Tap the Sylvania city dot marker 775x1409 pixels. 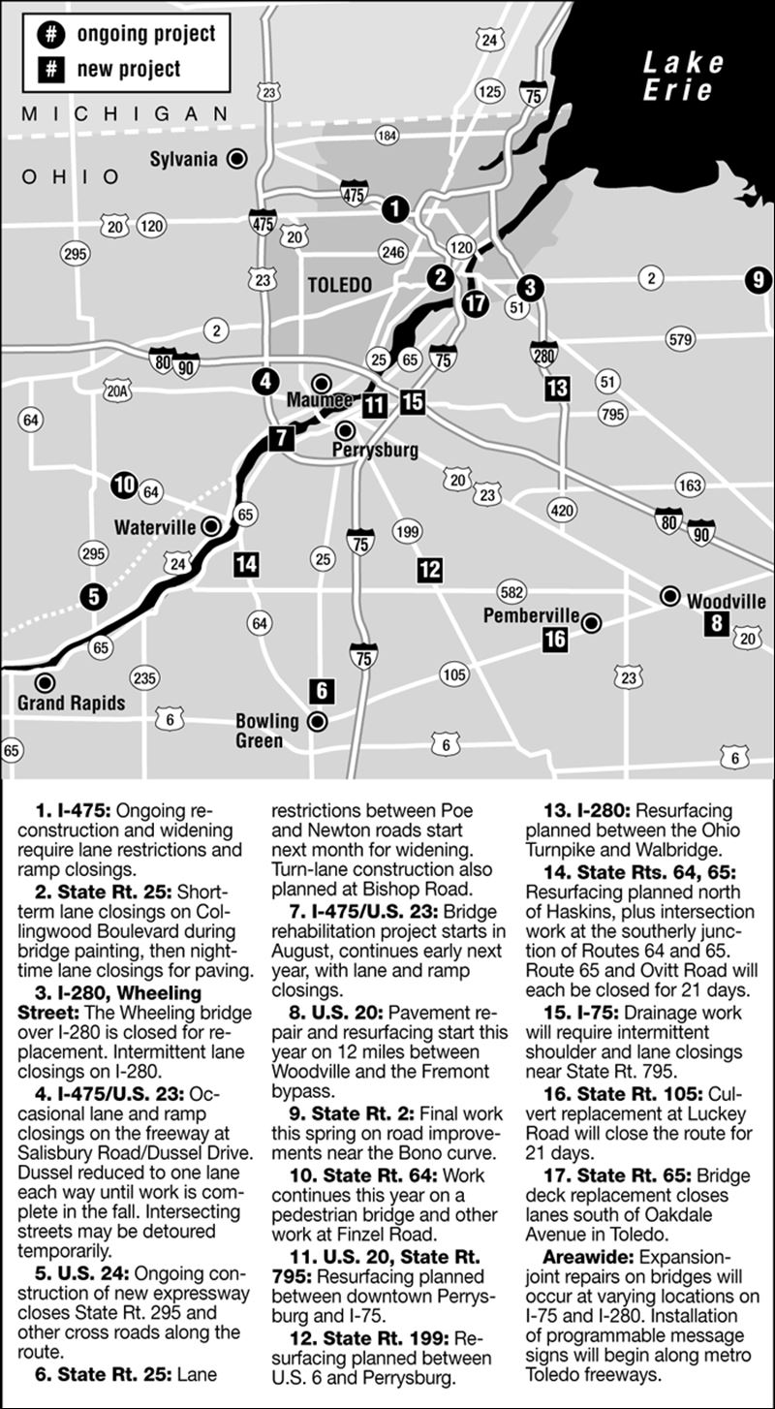(x=236, y=159)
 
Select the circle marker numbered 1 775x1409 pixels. (x=394, y=207)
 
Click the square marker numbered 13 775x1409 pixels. (x=557, y=389)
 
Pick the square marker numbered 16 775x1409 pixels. (x=555, y=639)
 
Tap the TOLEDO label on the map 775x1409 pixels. (x=339, y=286)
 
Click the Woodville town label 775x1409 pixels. (x=726, y=601)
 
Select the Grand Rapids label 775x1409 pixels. (x=71, y=703)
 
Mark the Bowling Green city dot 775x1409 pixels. (x=316, y=721)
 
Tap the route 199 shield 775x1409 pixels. (x=408, y=531)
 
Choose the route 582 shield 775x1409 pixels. (x=511, y=591)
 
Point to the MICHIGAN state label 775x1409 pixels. (x=125, y=114)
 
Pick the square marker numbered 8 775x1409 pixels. (x=716, y=623)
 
